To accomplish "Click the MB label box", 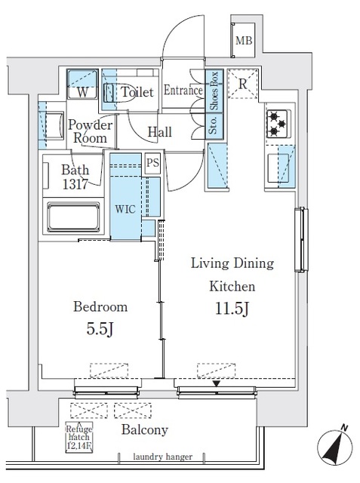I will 244,41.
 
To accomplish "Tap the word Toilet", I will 137,92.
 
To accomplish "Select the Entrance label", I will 182,91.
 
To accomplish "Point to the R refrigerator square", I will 244,84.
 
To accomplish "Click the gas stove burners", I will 275,121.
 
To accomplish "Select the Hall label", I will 159,132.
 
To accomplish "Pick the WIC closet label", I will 125,209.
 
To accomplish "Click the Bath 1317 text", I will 74,176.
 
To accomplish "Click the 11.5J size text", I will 232,309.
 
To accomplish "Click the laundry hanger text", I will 164,457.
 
